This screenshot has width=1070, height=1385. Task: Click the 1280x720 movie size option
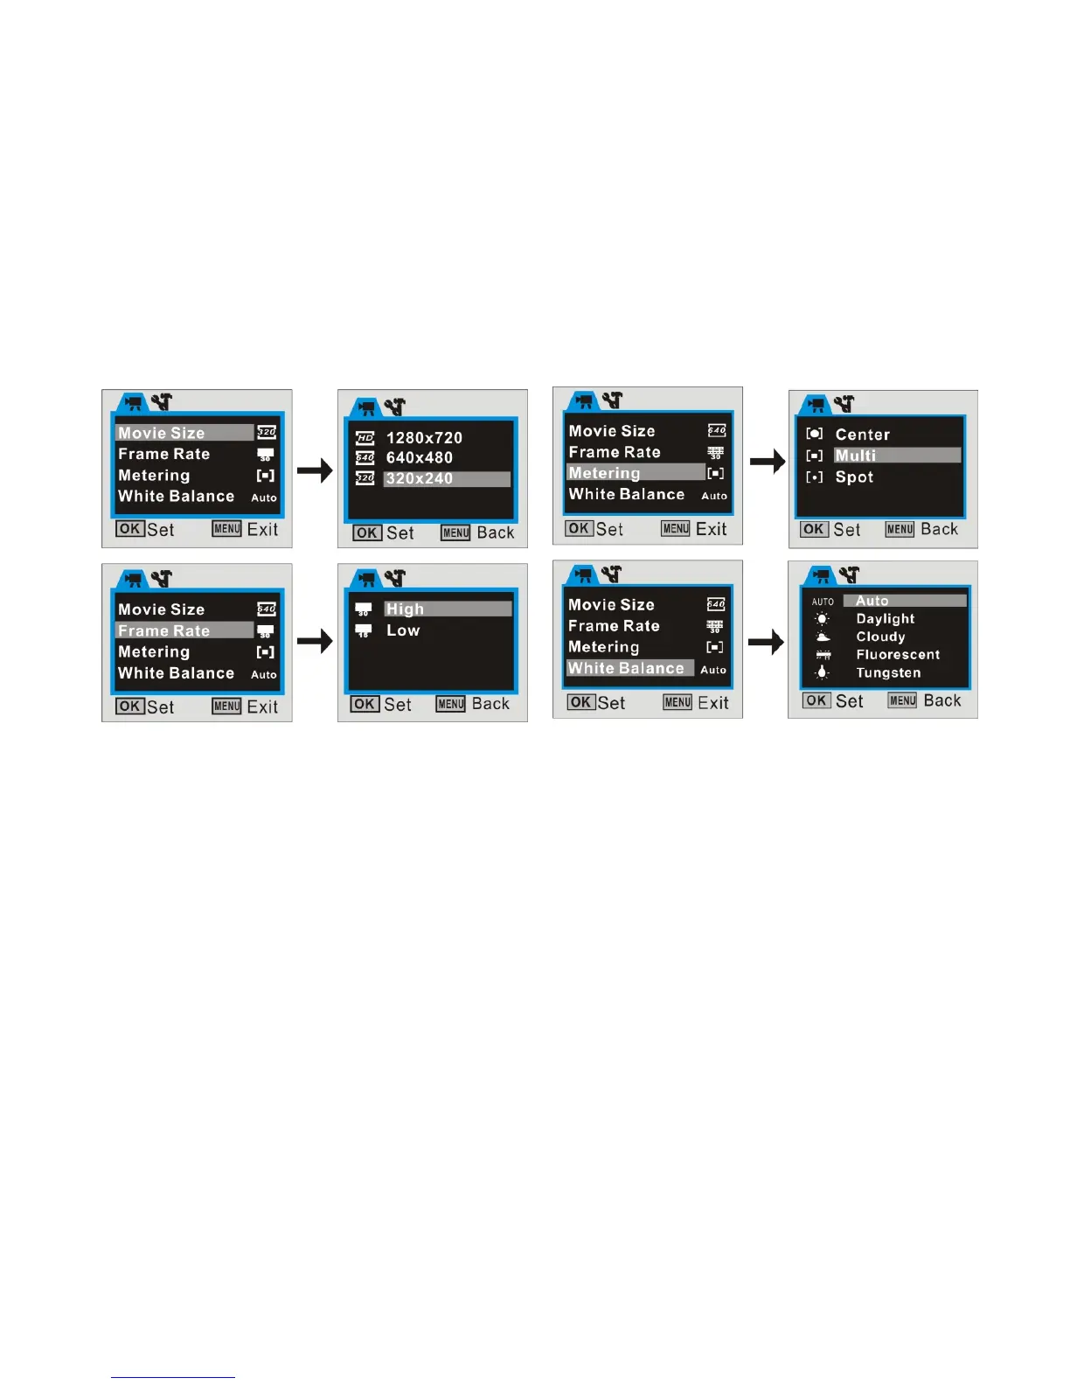coord(424,438)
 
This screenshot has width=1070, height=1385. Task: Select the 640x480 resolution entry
coord(420,458)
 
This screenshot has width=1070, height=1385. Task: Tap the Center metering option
coord(862,435)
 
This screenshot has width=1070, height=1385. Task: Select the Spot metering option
coord(854,477)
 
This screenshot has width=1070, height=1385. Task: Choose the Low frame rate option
coord(403,630)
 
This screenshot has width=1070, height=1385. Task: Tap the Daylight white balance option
coord(885,619)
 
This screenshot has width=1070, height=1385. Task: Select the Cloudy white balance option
coord(880,637)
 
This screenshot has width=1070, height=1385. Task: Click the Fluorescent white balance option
coord(898,655)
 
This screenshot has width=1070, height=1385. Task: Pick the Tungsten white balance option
coord(888,673)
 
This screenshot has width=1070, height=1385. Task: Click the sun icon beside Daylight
coord(822,619)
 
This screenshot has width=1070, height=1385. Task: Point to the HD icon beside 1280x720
coord(365,438)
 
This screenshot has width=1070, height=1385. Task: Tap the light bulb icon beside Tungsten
coord(822,673)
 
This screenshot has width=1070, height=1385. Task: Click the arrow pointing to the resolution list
coord(315,471)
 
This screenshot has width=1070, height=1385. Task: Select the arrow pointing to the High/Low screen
coord(315,642)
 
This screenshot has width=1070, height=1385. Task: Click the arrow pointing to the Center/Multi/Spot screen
coord(767,462)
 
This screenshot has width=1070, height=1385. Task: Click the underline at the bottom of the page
coord(172,1377)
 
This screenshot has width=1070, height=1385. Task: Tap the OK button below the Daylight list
coord(816,700)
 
